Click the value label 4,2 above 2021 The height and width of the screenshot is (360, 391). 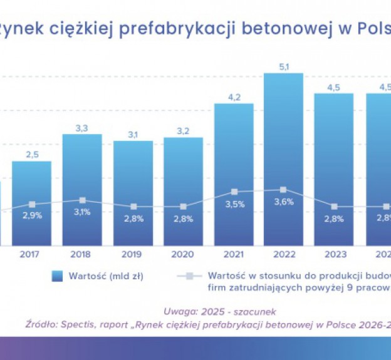tap(234, 97)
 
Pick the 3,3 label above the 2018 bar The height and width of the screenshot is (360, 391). tap(82, 128)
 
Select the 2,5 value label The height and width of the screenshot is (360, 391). tap(32, 155)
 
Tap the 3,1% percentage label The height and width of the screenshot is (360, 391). tap(82, 212)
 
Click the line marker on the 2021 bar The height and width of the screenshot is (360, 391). tap(234, 192)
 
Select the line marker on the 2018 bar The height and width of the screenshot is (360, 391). tap(82, 200)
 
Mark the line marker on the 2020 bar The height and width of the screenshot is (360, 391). tap(183, 207)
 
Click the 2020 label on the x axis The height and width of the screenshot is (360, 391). tap(183, 255)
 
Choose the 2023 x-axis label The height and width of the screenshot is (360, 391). tap(333, 255)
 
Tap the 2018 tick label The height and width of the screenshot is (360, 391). tap(82, 255)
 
